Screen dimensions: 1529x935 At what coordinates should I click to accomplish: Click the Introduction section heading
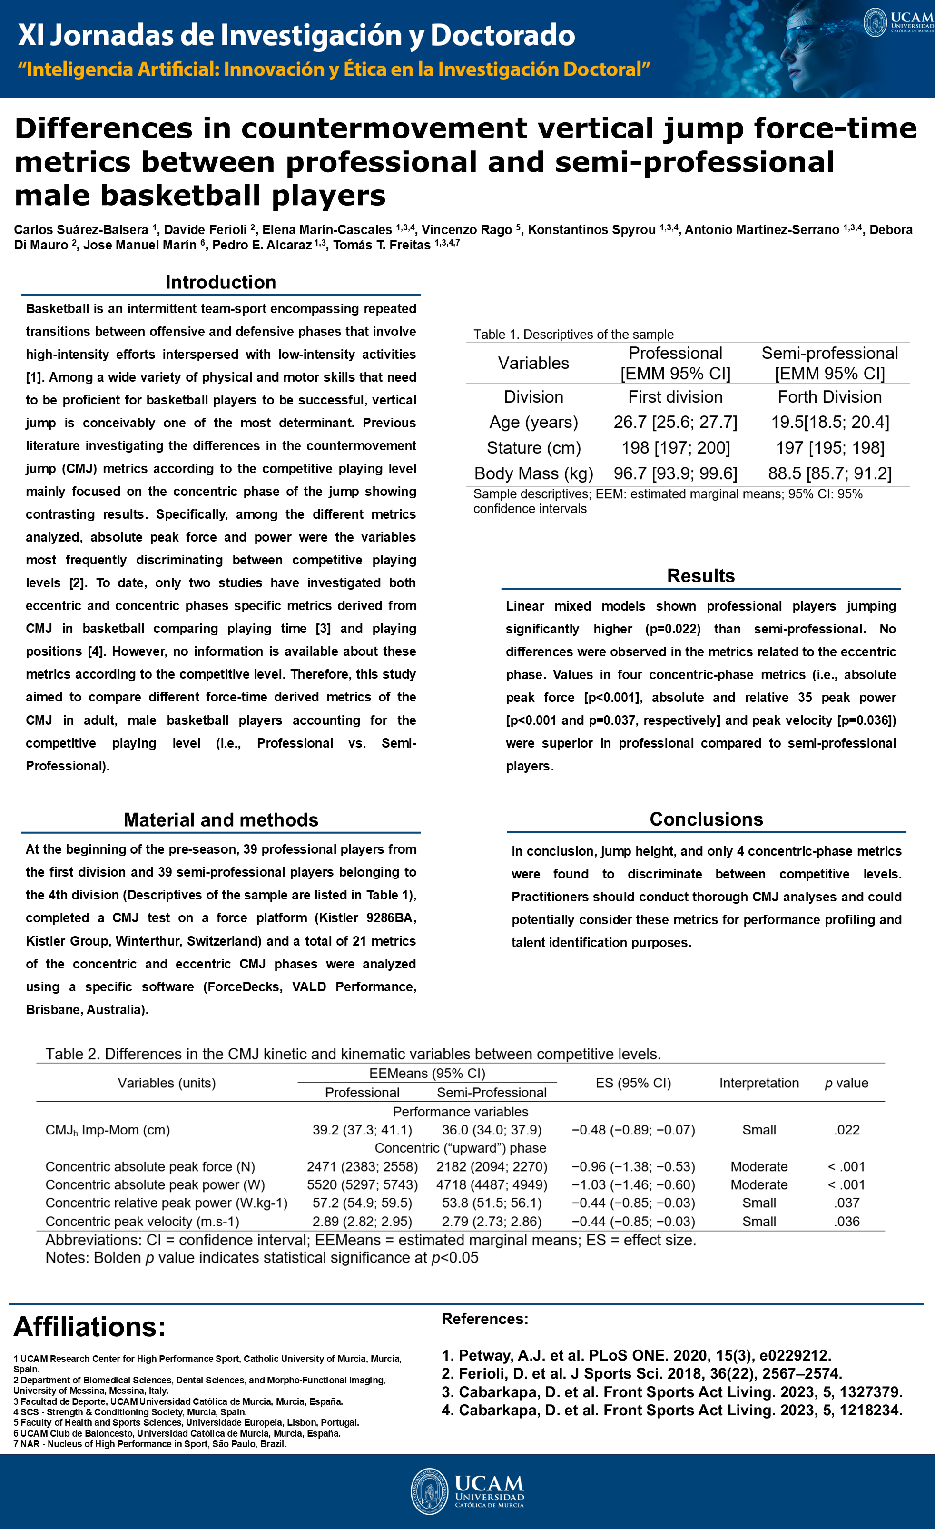click(x=220, y=282)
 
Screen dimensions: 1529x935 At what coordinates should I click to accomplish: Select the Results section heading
click(x=700, y=576)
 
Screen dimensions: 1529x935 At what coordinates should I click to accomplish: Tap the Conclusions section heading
click(x=706, y=819)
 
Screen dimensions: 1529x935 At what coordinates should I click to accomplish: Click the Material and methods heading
click(x=220, y=820)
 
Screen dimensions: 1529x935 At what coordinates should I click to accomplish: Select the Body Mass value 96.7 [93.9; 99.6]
click(x=675, y=473)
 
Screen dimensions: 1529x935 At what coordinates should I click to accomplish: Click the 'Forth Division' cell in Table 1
click(x=829, y=397)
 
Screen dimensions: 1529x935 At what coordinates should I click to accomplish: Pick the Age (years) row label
click(x=533, y=423)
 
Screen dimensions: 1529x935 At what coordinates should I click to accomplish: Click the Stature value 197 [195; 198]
click(x=829, y=448)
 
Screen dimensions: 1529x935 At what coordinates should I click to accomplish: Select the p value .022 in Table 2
click(x=847, y=1130)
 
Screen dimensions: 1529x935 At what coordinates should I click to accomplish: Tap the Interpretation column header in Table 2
click(x=759, y=1083)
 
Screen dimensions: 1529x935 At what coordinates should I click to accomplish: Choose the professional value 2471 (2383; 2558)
click(x=362, y=1166)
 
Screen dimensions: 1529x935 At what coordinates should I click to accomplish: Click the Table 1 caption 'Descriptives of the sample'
click(x=573, y=335)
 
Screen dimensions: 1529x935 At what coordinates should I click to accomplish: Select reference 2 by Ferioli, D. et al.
click(x=641, y=1373)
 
